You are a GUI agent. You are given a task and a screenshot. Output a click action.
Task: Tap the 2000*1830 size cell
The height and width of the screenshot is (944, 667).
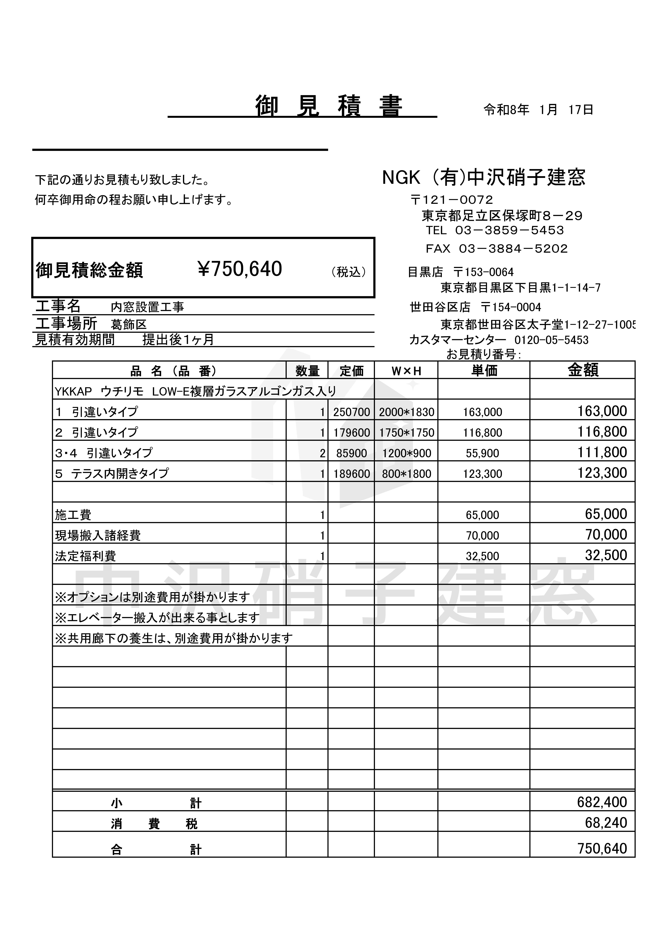pyautogui.click(x=406, y=412)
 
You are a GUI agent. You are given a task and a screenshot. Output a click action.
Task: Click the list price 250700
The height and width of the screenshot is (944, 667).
pyautogui.click(x=352, y=412)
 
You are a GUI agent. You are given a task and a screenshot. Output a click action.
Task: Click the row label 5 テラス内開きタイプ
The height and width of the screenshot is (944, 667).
pyautogui.click(x=112, y=474)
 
